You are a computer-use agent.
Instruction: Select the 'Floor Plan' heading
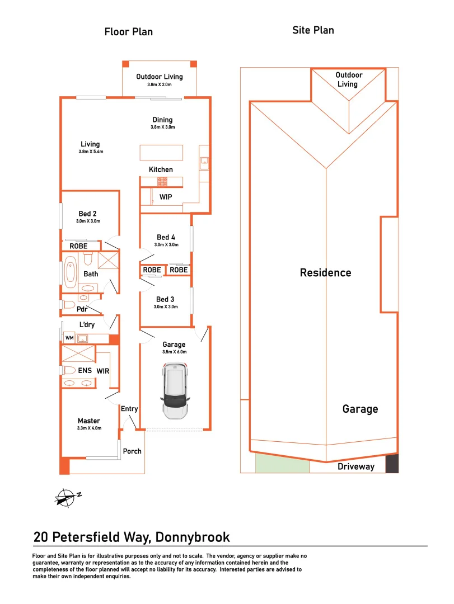click(129, 32)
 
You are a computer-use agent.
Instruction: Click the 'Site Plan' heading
click(313, 30)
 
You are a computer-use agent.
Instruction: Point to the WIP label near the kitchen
click(166, 197)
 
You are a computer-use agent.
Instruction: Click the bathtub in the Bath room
click(71, 271)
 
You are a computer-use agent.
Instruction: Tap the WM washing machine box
click(69, 338)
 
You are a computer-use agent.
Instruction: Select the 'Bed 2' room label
click(88, 214)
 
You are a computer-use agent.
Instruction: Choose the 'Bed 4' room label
click(166, 238)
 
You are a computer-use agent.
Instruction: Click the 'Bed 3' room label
click(166, 299)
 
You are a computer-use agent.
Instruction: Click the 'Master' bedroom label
click(89, 421)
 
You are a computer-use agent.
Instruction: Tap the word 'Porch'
click(132, 451)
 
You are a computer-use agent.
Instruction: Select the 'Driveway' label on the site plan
click(356, 466)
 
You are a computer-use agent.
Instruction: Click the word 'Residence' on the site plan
click(326, 273)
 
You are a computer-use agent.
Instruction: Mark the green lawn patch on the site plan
click(282, 463)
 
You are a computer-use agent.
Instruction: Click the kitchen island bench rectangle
click(161, 153)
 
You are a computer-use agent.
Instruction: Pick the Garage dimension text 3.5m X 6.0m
click(174, 352)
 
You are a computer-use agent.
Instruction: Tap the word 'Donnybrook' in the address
click(193, 537)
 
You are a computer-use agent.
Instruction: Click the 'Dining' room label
click(163, 120)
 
